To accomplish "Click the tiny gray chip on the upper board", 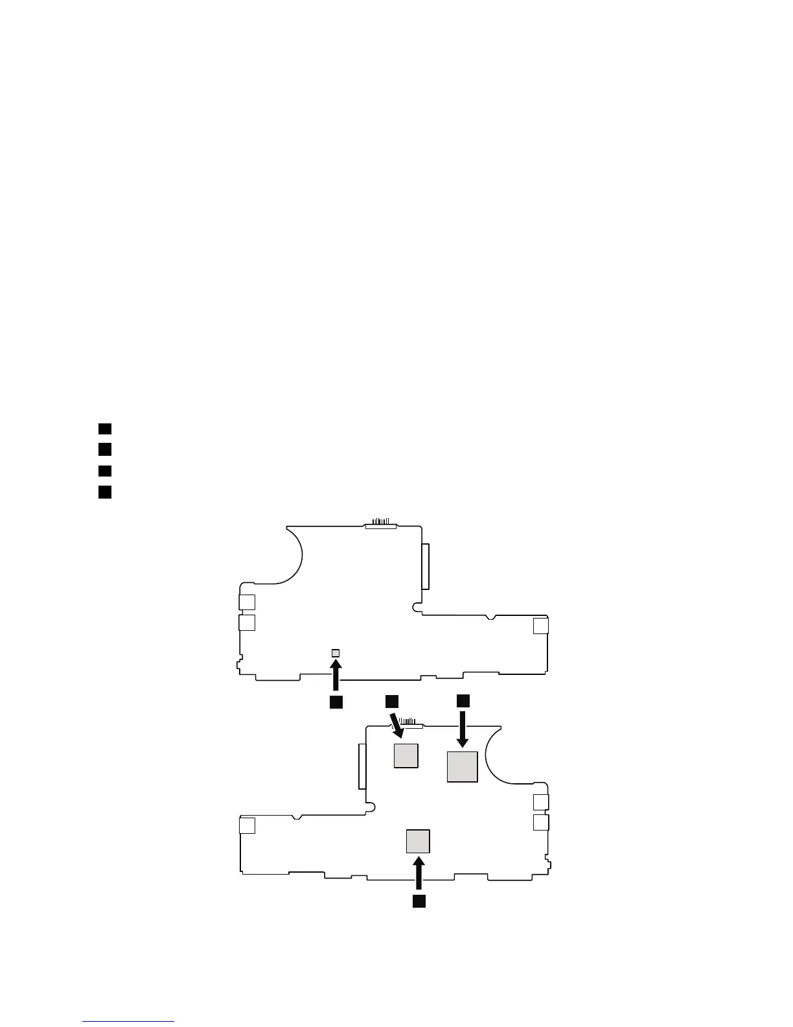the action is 336,652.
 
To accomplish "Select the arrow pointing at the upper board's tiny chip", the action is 336,674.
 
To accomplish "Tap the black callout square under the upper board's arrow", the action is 336,702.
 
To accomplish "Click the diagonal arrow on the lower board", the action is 396,725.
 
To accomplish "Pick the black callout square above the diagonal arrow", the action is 391,701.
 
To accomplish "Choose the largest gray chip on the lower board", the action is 463,766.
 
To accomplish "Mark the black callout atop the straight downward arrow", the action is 463,701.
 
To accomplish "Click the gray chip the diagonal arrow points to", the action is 406,755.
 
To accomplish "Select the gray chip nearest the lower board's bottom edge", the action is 418,840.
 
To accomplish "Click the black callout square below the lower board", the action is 419,901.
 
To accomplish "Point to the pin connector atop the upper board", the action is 380,523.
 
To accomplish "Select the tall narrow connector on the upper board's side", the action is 425,566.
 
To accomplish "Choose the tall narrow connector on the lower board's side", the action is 362,766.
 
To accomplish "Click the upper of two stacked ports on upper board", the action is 247,602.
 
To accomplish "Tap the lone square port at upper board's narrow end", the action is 540,626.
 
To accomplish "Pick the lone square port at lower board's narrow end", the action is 247,825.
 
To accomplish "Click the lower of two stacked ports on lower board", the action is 541,822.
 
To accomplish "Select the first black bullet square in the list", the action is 105,429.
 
